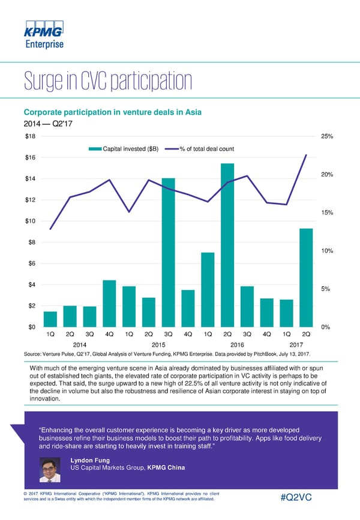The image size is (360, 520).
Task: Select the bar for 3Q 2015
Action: pos(169,252)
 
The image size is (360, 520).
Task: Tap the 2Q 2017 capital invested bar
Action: pos(306,277)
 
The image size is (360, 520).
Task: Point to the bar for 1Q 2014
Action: pos(50,319)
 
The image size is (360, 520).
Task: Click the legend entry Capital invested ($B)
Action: pos(124,149)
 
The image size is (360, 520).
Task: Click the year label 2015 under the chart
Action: pos(158,345)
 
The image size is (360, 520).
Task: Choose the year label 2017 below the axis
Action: pos(296,345)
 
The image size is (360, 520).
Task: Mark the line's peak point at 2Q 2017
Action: pos(306,155)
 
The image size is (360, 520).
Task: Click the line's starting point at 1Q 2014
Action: pos(50,229)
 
